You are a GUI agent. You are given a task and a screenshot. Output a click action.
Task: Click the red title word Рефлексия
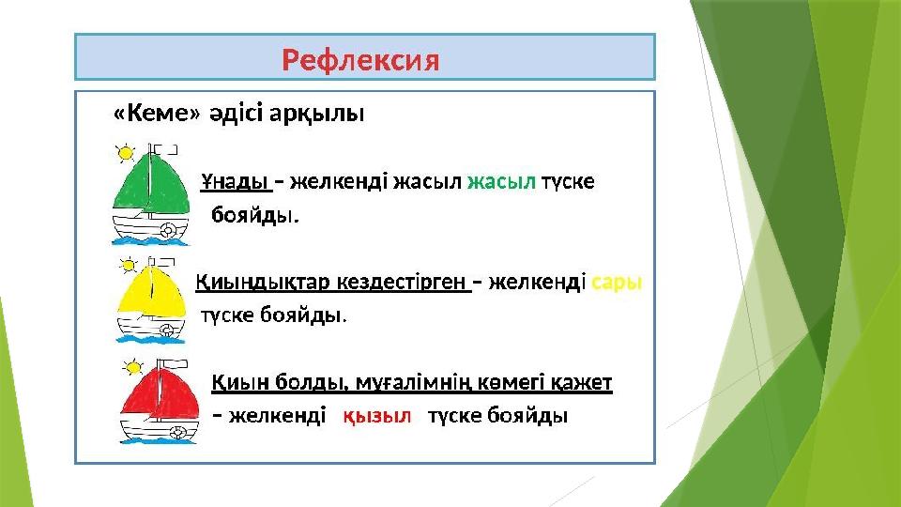tap(360, 60)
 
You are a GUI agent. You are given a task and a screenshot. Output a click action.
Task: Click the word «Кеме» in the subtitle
tap(157, 113)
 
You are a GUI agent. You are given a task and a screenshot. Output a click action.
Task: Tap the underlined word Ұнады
tap(236, 181)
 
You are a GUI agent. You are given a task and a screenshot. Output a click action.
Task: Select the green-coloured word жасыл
tap(501, 181)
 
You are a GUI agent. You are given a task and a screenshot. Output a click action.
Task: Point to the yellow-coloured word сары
tap(616, 283)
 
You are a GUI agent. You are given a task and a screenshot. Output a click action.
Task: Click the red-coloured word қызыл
tap(377, 415)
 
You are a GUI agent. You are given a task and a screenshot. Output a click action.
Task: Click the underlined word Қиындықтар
tap(263, 283)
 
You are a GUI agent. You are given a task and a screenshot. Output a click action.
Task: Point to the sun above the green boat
tap(125, 153)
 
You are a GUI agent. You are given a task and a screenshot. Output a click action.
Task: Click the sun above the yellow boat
tap(129, 266)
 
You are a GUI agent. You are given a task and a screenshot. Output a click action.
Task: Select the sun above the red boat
tap(132, 367)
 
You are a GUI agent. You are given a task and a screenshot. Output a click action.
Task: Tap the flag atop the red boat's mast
tap(174, 364)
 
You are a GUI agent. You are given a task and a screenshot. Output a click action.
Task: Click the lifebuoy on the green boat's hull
tap(168, 231)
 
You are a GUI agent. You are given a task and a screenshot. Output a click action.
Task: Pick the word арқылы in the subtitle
tap(316, 114)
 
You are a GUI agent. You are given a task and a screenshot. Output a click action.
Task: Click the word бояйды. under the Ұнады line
tap(255, 215)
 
